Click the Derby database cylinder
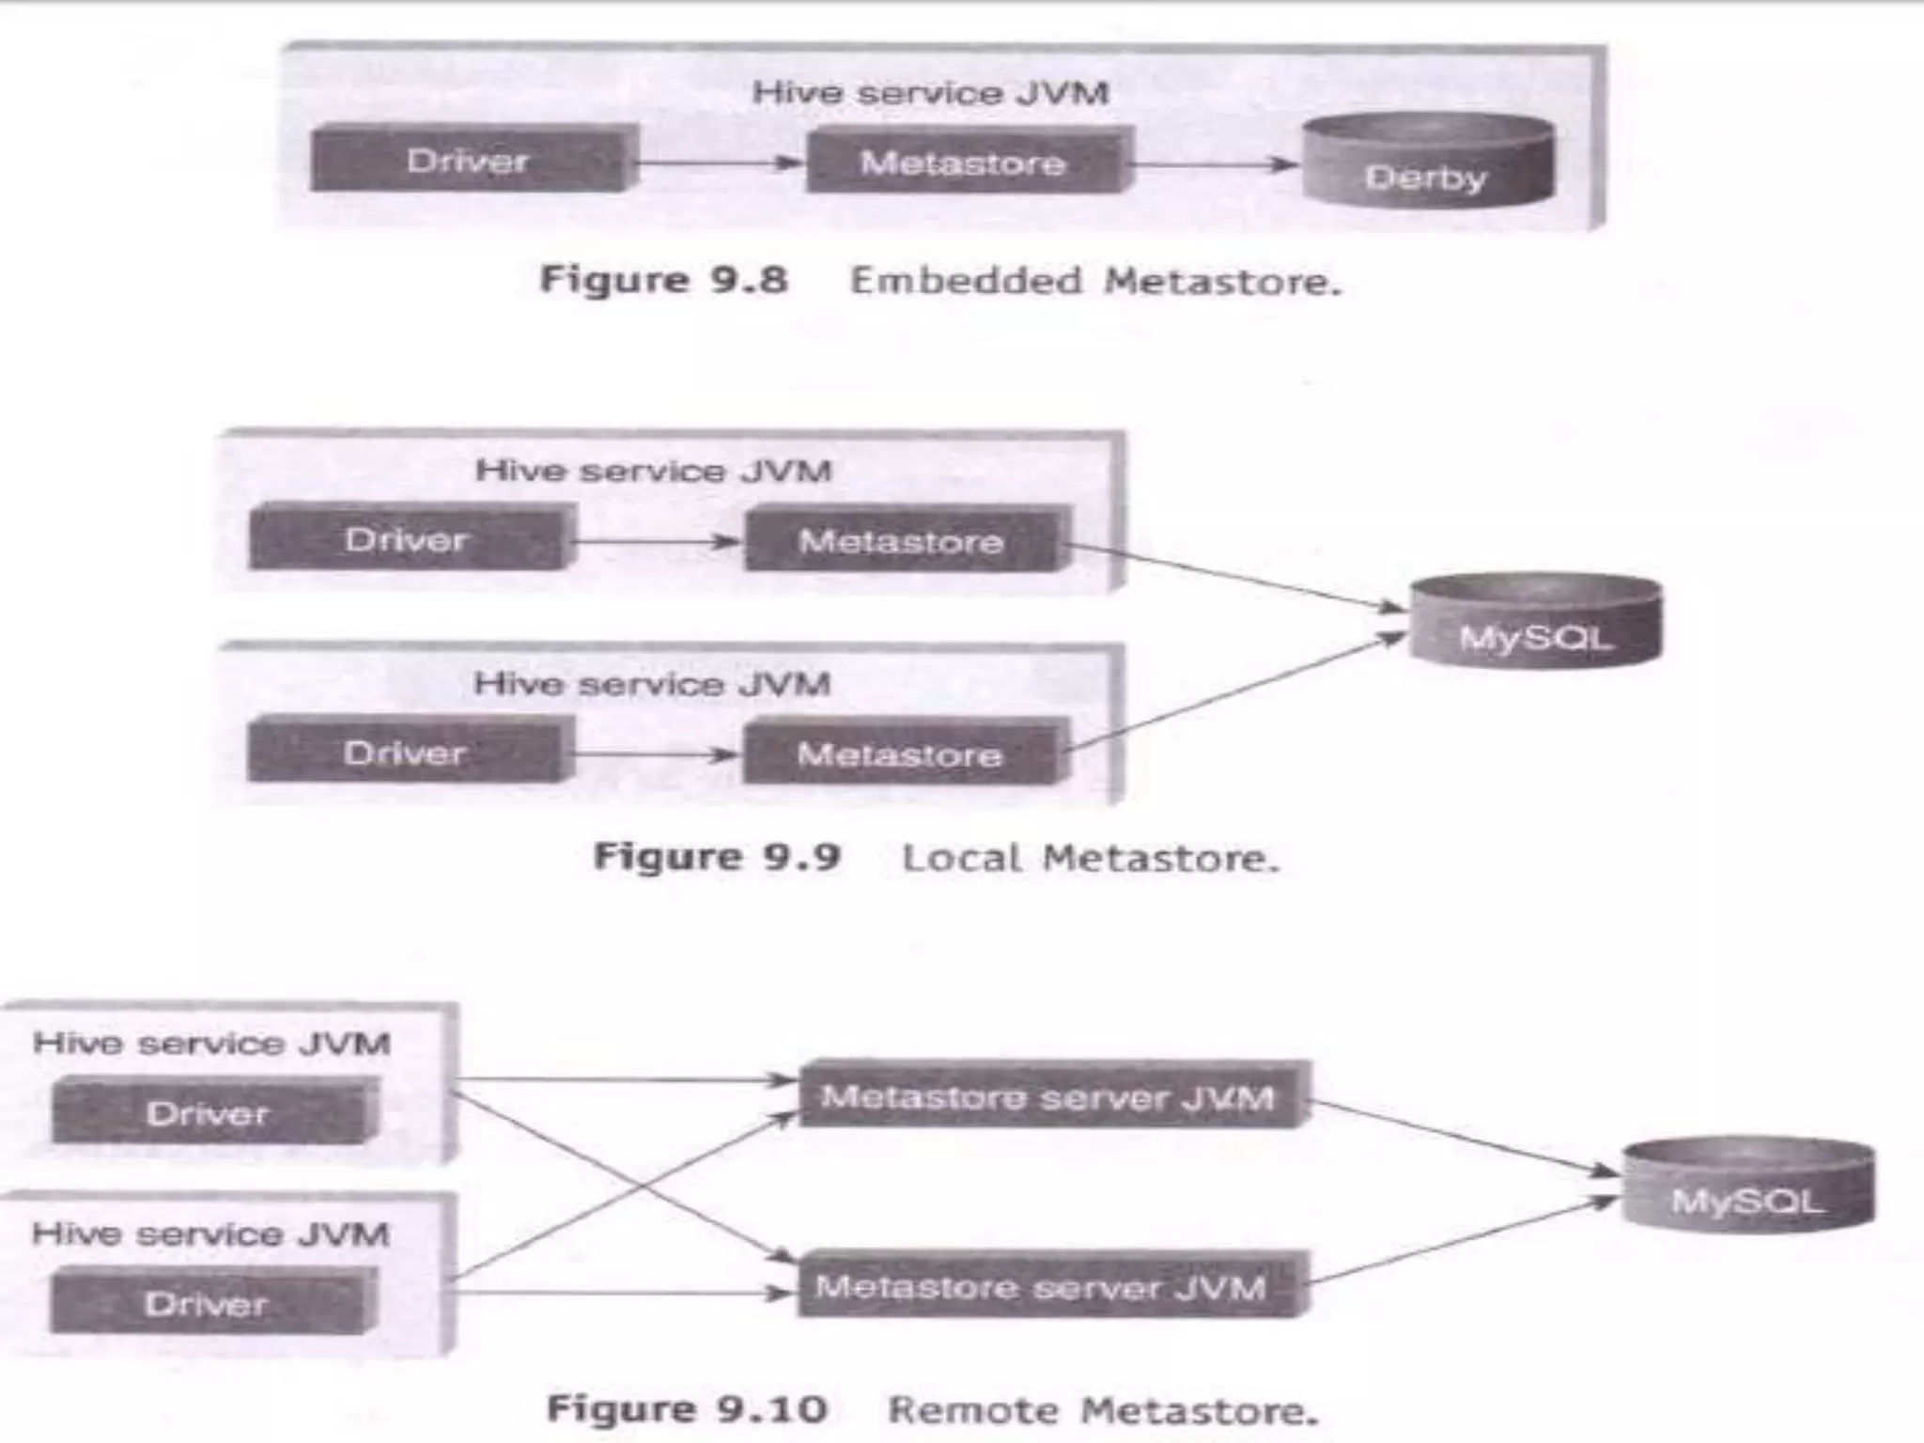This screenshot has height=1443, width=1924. [x=1427, y=162]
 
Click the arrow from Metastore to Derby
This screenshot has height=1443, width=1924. [x=1212, y=164]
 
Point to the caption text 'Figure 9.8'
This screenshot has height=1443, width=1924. [x=663, y=280]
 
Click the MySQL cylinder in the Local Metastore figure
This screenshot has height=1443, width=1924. [x=1536, y=622]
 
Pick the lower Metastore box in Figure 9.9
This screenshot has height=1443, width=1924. [x=902, y=753]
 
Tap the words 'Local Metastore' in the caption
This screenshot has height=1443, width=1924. [x=1090, y=858]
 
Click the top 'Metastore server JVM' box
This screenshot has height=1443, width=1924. [x=1048, y=1096]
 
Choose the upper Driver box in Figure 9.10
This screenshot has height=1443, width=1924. [x=209, y=1113]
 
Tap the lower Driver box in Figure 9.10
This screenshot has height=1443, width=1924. [x=208, y=1303]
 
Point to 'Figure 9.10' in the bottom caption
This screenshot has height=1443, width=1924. [x=687, y=1408]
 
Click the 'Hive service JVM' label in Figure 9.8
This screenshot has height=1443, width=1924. [x=930, y=93]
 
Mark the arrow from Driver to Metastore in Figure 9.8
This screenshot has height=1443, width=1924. [x=719, y=163]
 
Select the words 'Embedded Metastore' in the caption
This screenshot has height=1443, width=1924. [x=1094, y=281]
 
